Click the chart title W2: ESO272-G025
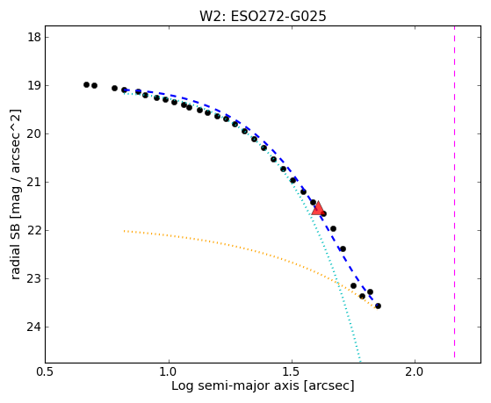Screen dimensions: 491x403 coord(263,16)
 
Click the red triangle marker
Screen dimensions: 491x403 coord(318,208)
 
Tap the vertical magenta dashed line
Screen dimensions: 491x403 coord(454,192)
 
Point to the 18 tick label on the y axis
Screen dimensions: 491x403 coord(34,37)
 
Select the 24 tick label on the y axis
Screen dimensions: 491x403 coord(34,327)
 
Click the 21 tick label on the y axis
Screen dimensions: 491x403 coord(34,182)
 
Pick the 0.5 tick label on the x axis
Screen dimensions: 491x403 coord(46,371)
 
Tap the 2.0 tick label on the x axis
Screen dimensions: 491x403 coord(415,371)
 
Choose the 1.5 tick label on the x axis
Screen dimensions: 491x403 coord(292,371)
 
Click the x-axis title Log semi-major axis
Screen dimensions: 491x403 coord(235,385)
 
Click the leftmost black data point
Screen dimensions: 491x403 coord(86,84)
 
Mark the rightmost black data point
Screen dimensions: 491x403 coord(378,306)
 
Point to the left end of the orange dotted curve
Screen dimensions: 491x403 coord(125,231)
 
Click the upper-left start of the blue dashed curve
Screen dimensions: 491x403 coord(125,90)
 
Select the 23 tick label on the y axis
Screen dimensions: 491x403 coord(34,278)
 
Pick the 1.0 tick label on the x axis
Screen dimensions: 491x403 coord(169,371)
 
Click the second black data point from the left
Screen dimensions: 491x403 coord(94,85)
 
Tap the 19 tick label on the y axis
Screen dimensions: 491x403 coord(34,85)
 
